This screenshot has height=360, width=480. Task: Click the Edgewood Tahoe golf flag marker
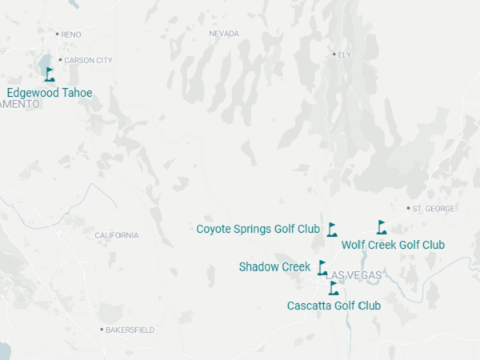pos(50,75)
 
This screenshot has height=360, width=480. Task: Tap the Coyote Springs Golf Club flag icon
pos(332,230)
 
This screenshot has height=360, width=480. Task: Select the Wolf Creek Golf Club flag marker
pos(382,227)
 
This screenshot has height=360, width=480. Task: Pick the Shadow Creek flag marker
pos(322,268)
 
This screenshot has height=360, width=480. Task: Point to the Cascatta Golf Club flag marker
pos(334,288)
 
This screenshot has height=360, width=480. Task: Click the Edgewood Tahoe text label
pos(50,93)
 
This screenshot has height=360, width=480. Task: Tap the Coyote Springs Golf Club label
pos(258,229)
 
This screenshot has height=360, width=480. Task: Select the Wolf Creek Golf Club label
pos(393,245)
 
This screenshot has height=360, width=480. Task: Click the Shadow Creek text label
pos(274,267)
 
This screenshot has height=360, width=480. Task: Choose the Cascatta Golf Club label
pos(334,306)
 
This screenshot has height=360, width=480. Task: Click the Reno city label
pos(71,34)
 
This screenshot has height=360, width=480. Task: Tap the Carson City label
pos(88,60)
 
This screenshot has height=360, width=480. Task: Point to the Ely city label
pos(345,54)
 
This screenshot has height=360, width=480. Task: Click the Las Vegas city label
pos(355,275)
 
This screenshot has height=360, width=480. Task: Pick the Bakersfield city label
pos(130,330)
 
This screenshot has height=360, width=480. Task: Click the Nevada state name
pos(224,34)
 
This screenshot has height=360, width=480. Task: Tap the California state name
pos(117,235)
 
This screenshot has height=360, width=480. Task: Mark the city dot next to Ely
pos(334,54)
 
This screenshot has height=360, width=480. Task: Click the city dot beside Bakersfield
pos(102,330)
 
